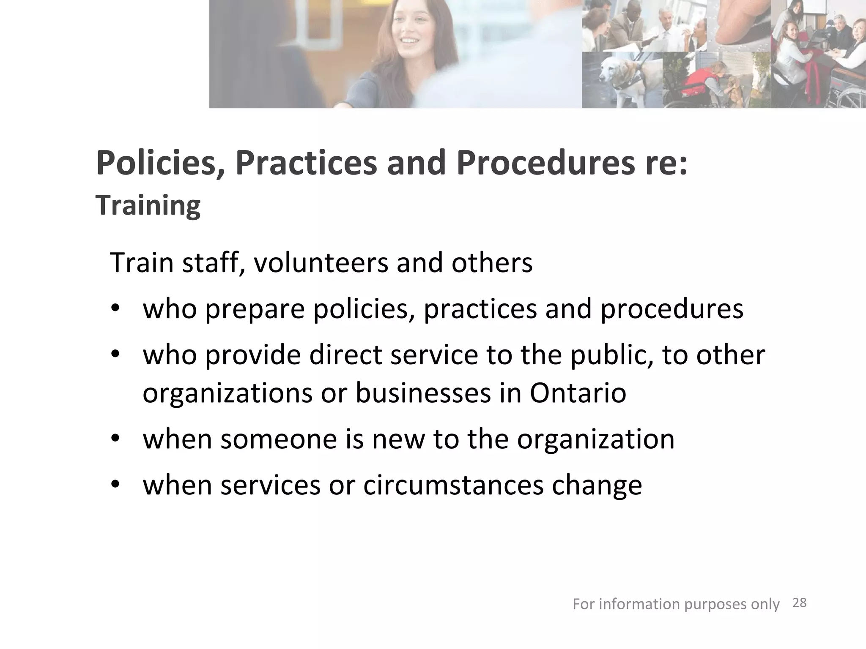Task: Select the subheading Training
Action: [x=148, y=205]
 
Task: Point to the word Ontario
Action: [x=578, y=393]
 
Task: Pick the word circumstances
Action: [x=453, y=485]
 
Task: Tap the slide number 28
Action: [x=799, y=603]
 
